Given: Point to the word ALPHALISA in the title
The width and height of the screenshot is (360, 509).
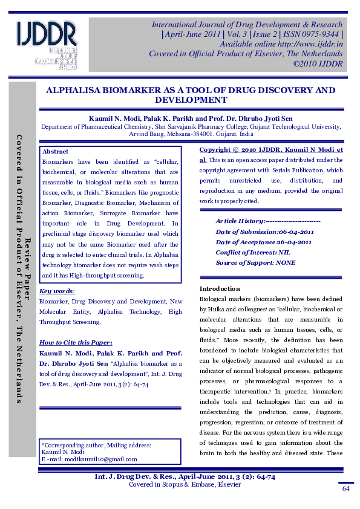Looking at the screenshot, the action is [79, 90].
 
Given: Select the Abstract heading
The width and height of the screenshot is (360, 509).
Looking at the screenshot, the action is [55, 152].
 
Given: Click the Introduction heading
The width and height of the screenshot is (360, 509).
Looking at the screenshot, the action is [220, 288].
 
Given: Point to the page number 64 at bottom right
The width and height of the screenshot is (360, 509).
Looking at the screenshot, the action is [346, 488].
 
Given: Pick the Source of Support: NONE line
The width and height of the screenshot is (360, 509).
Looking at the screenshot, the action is [255, 262].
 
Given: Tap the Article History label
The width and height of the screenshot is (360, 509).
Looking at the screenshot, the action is [240, 221].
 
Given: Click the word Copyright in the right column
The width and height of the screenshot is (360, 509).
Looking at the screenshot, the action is [214, 149].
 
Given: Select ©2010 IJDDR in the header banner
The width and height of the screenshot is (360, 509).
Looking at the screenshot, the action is [318, 63].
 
